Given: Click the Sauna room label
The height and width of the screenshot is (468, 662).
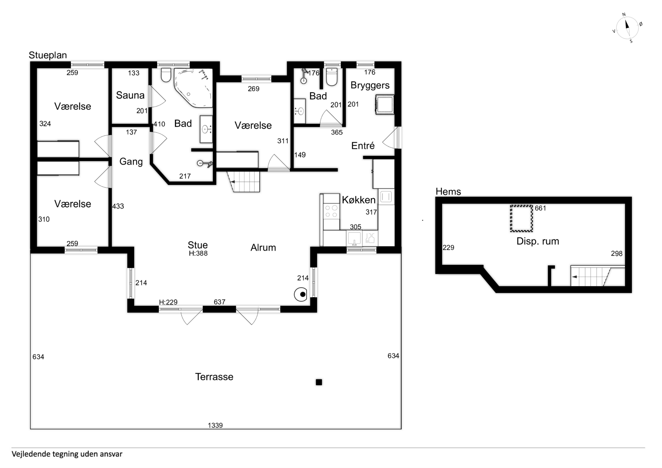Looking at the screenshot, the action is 130,95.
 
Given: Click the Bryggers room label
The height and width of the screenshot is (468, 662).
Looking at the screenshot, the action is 370,85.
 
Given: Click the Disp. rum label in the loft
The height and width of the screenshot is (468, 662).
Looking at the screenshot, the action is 538,241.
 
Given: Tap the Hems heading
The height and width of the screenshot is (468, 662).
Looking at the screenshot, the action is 448,191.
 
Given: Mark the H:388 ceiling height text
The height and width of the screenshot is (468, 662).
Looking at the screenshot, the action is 198,254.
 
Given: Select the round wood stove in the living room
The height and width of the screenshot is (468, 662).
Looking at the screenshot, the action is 301,294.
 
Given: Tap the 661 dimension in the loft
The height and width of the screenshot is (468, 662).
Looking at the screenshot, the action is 540,208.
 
